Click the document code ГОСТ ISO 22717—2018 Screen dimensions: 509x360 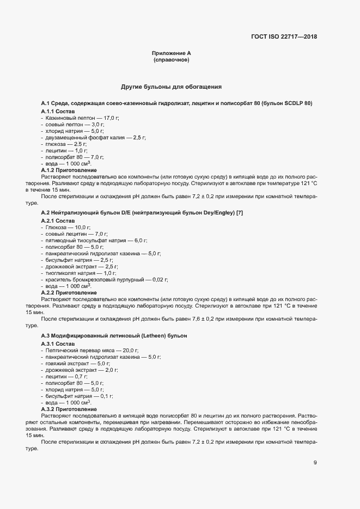tap(284, 37)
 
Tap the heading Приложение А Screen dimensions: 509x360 tap(171, 53)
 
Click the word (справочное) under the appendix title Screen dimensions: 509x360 tap(171, 59)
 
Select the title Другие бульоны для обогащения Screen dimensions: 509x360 tap(171, 87)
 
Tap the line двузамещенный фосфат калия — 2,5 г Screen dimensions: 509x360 tap(93, 138)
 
